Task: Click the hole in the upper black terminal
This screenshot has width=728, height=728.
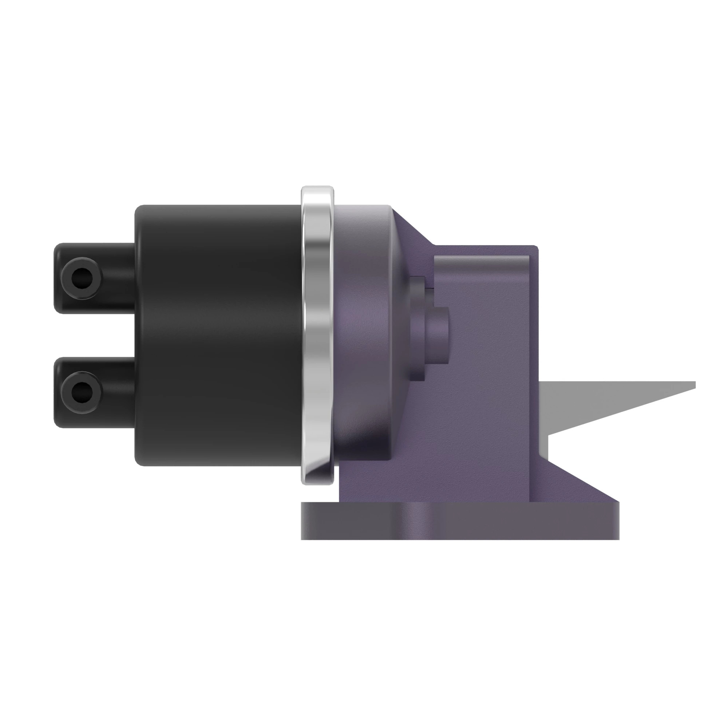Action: tap(82, 278)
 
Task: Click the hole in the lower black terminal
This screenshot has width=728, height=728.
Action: tap(82, 393)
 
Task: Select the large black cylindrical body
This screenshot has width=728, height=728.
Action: tap(218, 335)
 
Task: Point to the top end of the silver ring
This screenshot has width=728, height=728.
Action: tap(317, 189)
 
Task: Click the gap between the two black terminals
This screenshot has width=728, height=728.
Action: tap(94, 335)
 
